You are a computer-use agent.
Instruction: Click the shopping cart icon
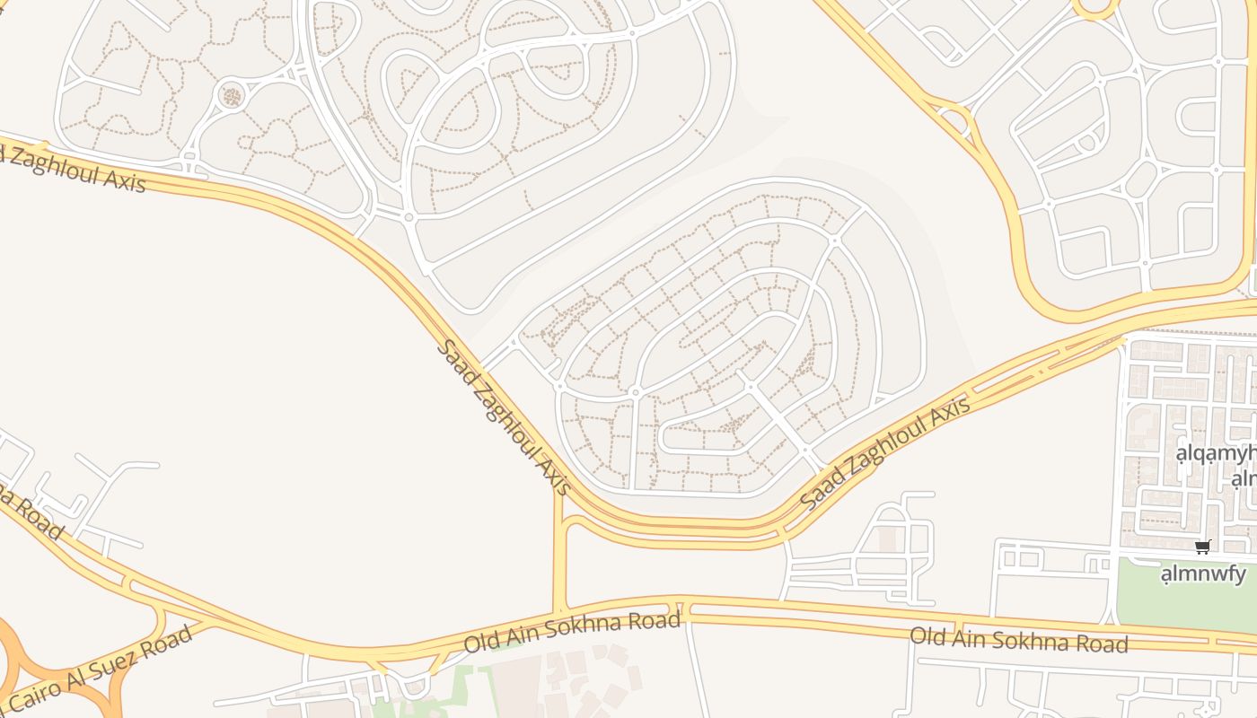[x=1202, y=547]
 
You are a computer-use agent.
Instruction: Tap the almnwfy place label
[x=1204, y=573]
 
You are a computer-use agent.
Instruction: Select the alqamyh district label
[x=1217, y=453]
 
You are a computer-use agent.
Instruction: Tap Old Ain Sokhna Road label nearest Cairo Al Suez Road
[x=572, y=632]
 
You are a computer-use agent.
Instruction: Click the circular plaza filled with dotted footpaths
[x=232, y=94]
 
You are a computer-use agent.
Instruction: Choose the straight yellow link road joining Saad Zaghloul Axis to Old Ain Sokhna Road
[x=559, y=556]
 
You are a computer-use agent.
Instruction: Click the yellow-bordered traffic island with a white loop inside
[x=954, y=119]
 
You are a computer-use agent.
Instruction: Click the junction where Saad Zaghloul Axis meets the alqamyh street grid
[x=1122, y=339]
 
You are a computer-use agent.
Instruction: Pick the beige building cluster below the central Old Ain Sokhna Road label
[x=584, y=678]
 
